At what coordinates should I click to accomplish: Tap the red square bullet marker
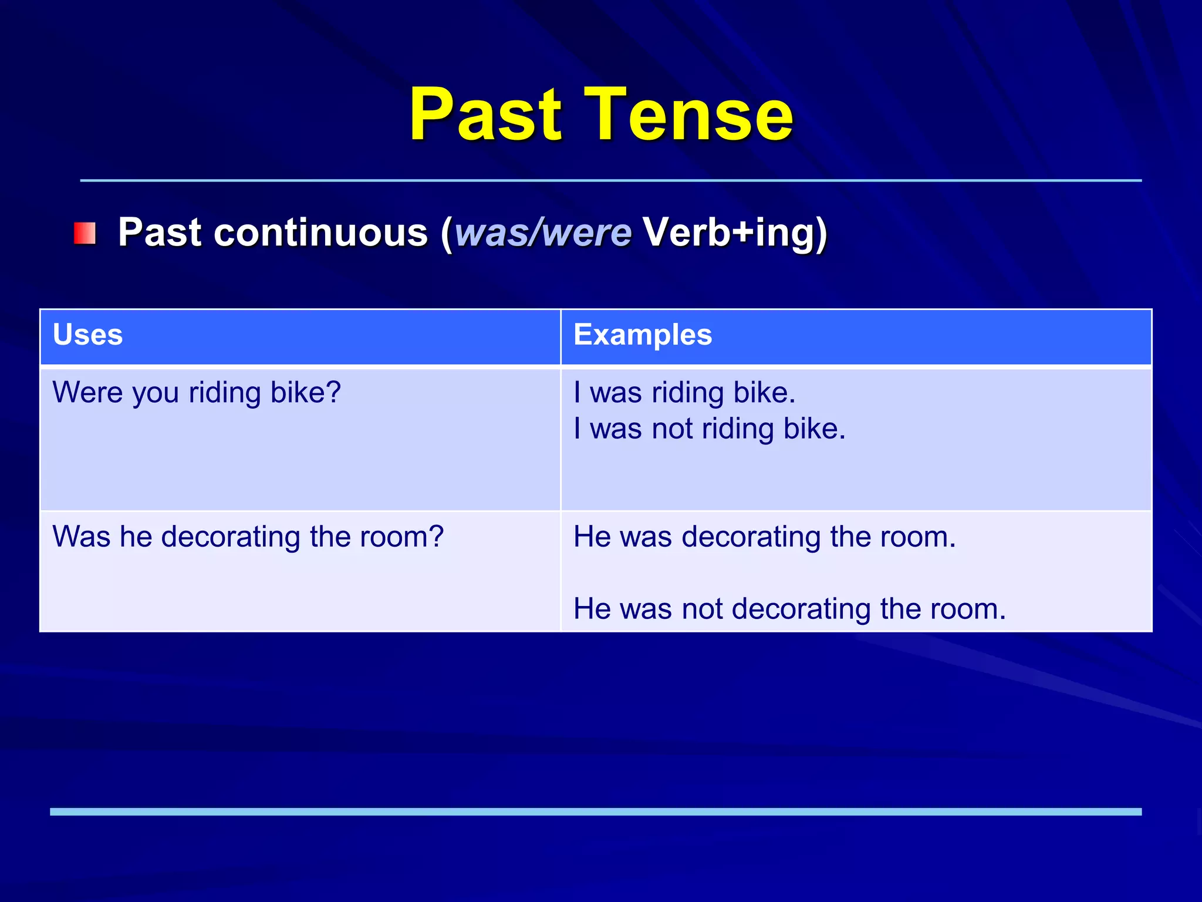pos(85,233)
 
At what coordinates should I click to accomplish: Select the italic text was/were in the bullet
pos(543,232)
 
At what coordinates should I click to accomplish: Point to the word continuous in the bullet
pos(321,232)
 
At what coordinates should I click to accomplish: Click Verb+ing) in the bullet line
pos(735,233)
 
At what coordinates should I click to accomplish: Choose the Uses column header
pos(87,335)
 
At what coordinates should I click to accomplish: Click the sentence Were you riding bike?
pos(197,393)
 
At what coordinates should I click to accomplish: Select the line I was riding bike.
pos(684,393)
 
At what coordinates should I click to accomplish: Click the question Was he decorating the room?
pos(248,537)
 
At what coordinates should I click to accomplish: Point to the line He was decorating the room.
pos(765,537)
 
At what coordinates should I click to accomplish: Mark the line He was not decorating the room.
pos(790,609)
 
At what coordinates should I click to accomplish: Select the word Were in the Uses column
pos(87,392)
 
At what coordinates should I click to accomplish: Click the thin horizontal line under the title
pos(611,180)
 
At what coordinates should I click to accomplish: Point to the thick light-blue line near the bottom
pos(596,812)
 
